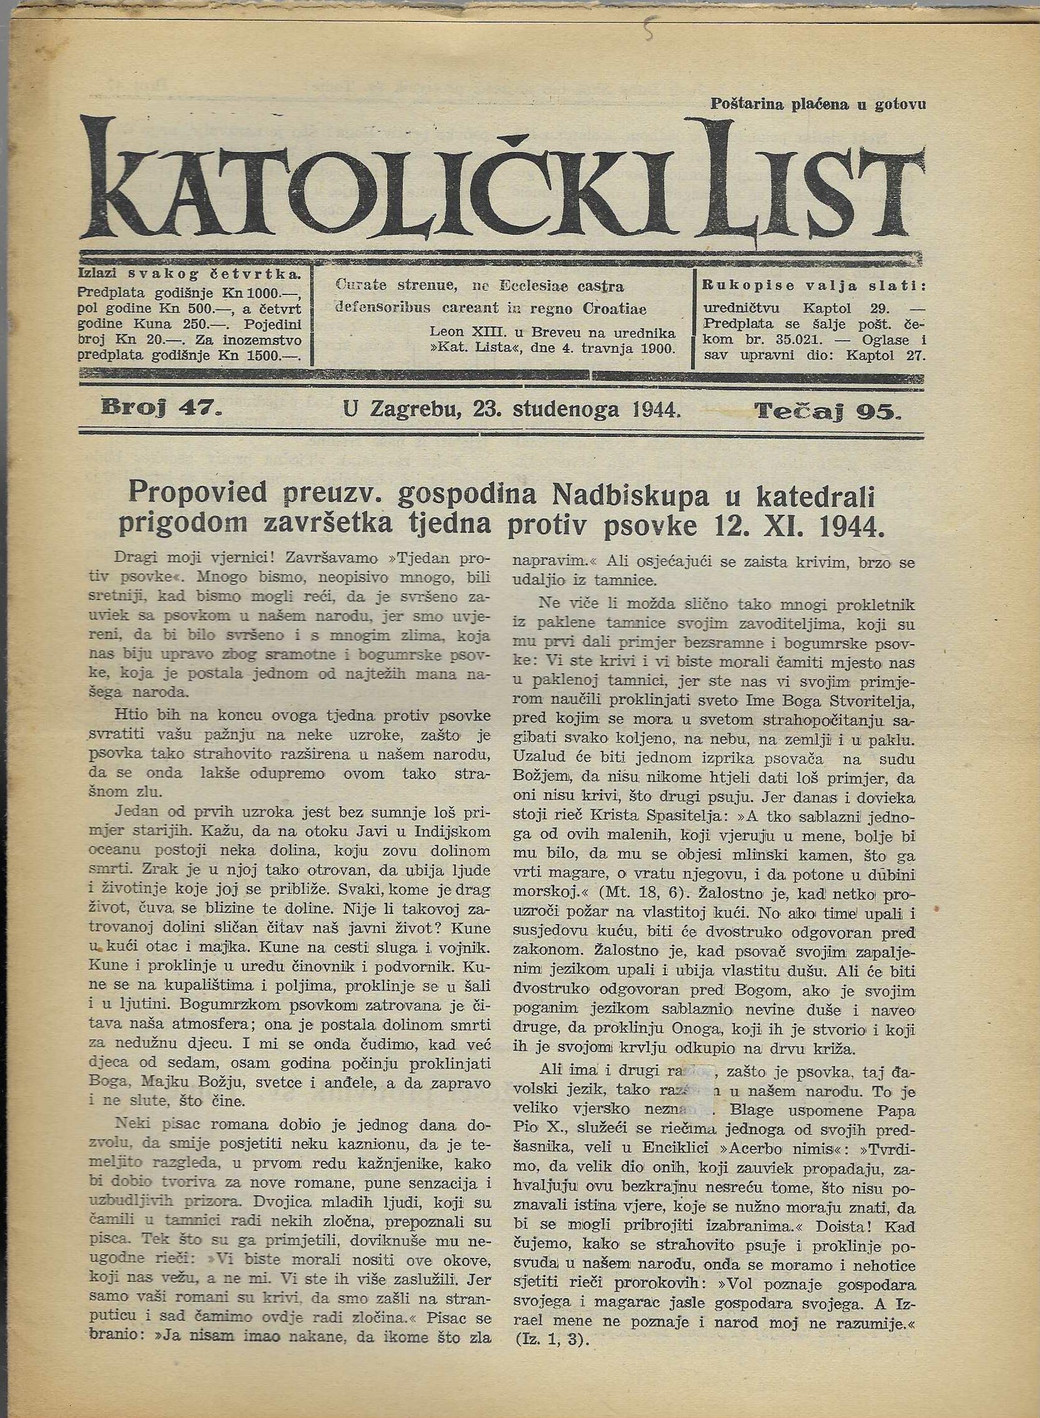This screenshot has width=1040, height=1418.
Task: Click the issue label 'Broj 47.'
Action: click(x=161, y=410)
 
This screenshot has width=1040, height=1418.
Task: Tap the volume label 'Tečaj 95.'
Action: click(x=828, y=412)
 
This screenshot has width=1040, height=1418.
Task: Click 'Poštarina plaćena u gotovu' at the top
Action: click(x=818, y=104)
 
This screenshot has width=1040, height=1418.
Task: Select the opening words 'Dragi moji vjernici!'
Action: click(x=198, y=558)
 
